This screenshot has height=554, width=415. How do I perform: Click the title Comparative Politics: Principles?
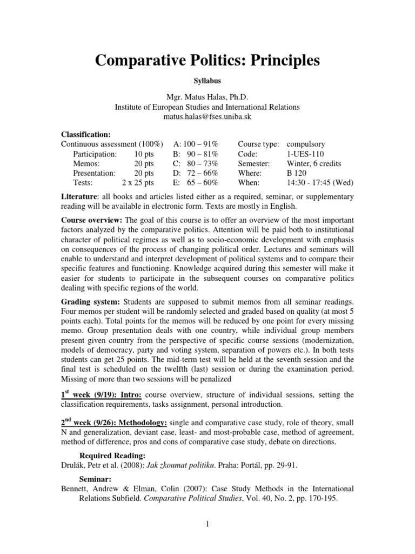(207, 61)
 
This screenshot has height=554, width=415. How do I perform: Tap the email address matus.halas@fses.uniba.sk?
(207, 117)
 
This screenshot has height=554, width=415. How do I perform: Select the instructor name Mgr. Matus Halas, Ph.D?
(207, 97)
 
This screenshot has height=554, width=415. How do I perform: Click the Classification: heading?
(86, 134)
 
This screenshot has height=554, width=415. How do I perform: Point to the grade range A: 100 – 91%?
(195, 144)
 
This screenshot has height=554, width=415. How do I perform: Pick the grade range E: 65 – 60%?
(195, 183)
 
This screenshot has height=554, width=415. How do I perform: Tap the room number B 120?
(297, 174)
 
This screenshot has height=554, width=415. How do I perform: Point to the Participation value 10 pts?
(145, 154)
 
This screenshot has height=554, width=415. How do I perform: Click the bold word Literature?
(79, 197)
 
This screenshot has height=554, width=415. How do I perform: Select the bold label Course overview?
(92, 220)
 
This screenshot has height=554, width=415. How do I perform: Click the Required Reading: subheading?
(113, 456)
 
